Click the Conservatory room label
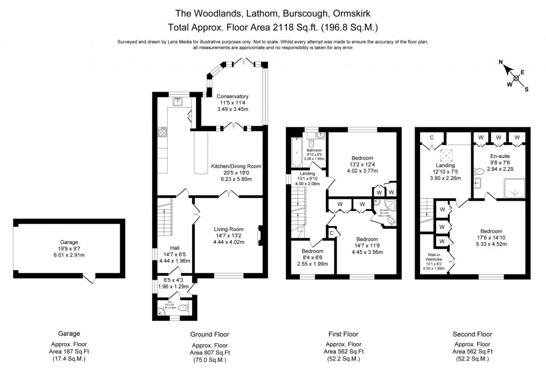tap(232, 97)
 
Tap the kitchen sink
tap(179, 102)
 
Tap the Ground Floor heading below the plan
tap(209, 334)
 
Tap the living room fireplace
tap(260, 235)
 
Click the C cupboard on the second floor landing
tap(432, 138)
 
